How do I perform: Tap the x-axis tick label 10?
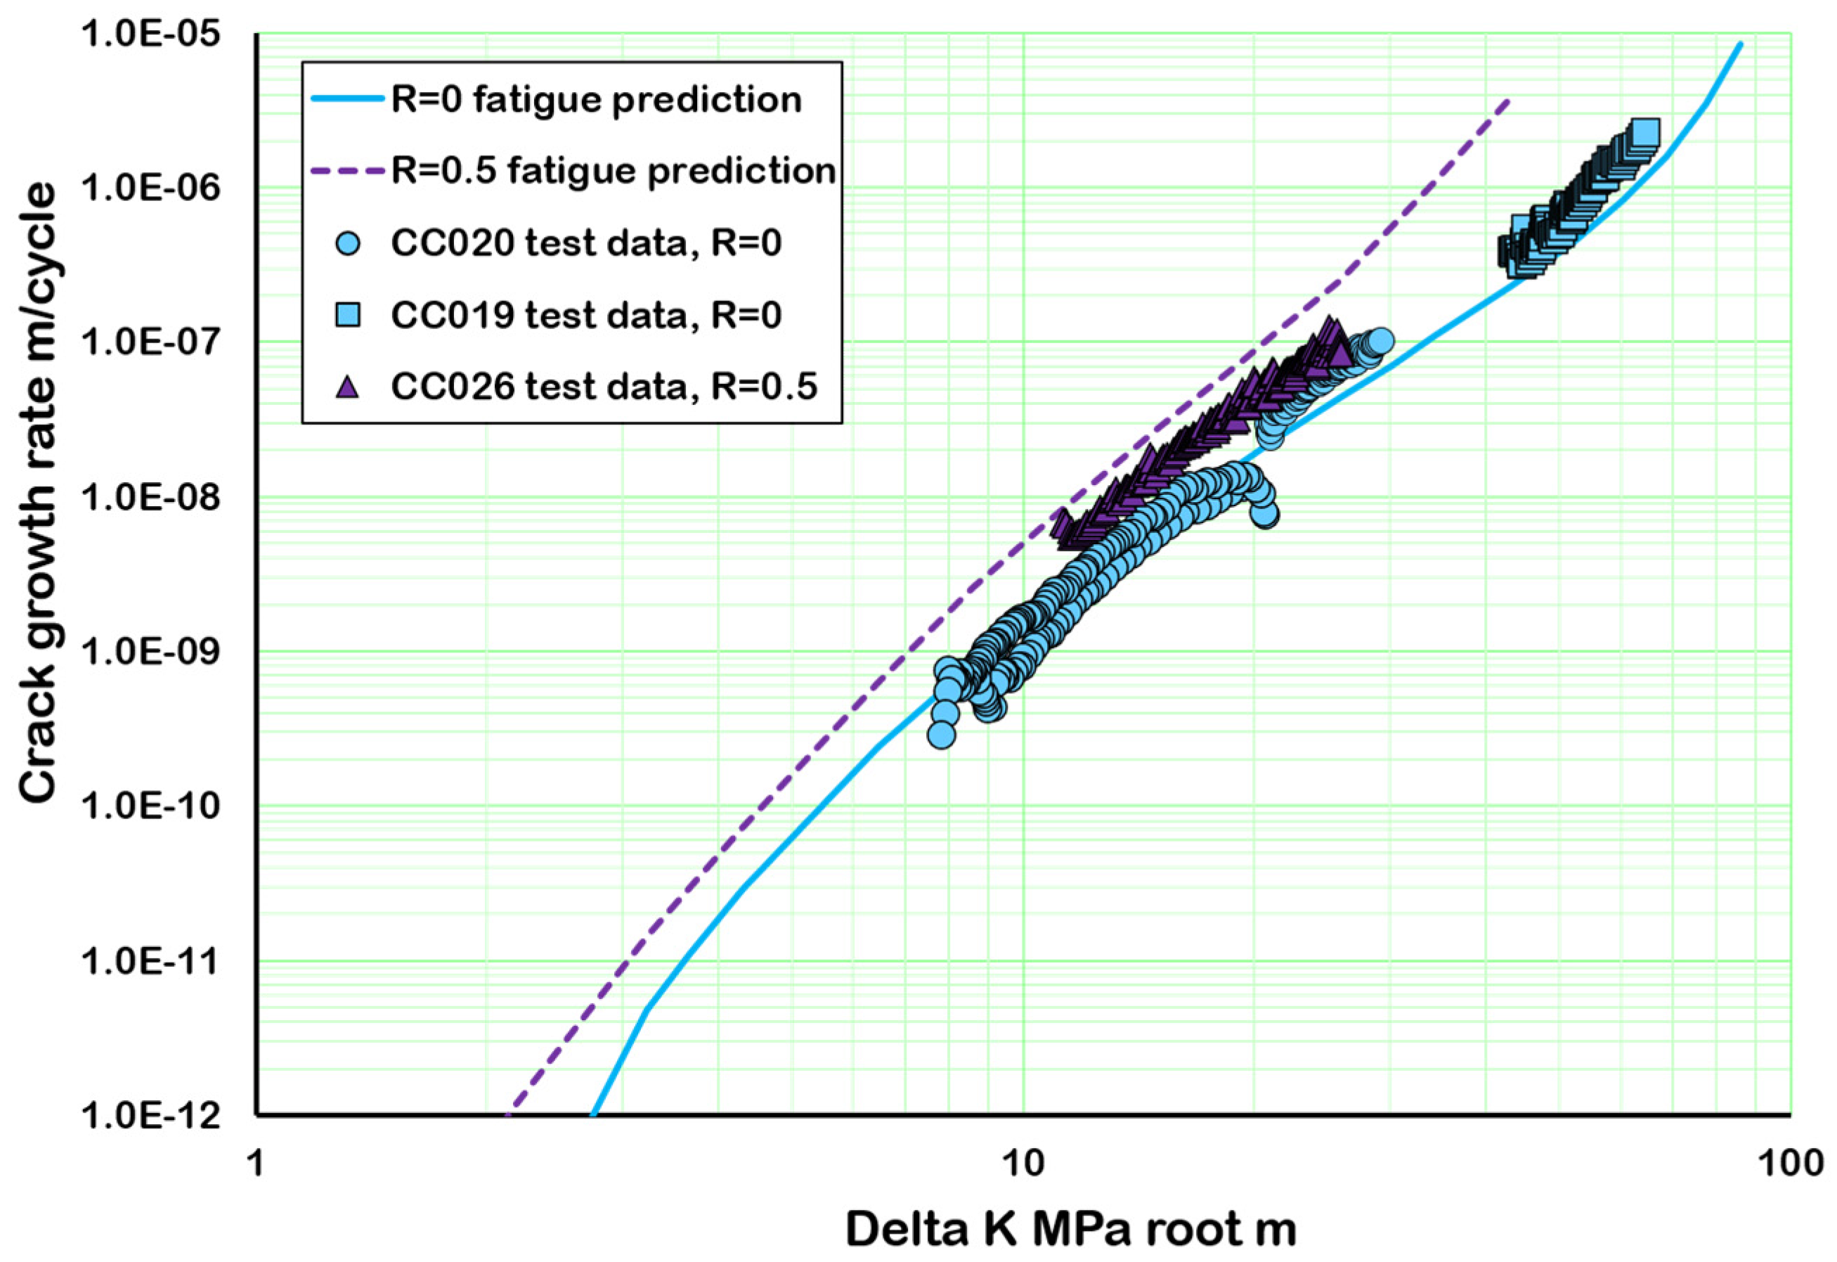(x=1024, y=1163)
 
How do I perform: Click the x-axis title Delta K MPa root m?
(x=1071, y=1230)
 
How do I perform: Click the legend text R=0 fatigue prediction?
(x=597, y=101)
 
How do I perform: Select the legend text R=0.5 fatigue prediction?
(x=614, y=171)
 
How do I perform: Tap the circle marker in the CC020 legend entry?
(x=347, y=243)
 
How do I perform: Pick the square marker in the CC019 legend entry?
(x=347, y=315)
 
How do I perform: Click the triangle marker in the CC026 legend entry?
(x=347, y=387)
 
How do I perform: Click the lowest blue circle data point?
(x=940, y=735)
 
